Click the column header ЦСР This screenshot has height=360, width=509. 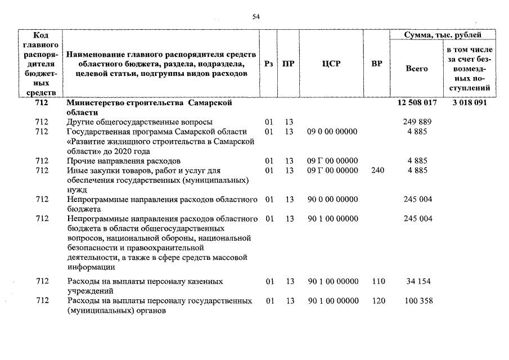331,64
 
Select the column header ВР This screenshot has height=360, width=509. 377,64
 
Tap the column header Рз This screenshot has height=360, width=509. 269,64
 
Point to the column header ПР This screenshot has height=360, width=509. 288,64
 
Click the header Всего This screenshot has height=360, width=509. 417,69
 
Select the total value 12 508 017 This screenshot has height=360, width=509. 417,103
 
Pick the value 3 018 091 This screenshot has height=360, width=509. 469,103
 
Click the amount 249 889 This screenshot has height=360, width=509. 417,122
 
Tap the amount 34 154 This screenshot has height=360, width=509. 417,281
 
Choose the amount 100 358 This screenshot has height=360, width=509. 418,301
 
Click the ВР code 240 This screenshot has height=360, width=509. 378,170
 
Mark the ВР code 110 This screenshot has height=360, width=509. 379,281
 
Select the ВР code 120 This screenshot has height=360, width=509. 379,301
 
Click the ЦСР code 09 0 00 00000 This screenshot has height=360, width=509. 332,132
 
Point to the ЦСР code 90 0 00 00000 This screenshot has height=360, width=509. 332,199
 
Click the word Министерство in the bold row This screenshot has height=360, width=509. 93,103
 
